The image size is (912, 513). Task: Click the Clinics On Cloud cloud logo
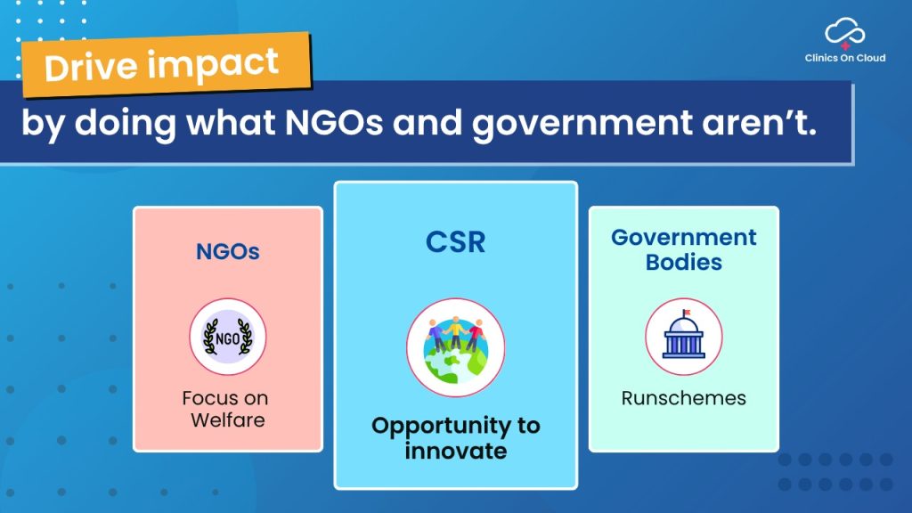point(844,33)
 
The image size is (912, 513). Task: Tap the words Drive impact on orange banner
point(162,65)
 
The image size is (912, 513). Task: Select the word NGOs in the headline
point(334,123)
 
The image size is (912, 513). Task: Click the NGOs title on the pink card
point(228,251)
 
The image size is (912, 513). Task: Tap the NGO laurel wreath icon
point(227,337)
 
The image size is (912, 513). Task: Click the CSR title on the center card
point(455,242)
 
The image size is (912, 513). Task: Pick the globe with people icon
point(455,348)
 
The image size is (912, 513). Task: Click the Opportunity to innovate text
point(456,438)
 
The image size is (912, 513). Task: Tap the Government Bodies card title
point(684,249)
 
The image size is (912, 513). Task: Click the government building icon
point(684,337)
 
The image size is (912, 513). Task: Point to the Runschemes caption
point(683,398)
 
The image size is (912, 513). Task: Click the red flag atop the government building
point(687,313)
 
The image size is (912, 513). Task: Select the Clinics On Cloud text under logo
point(845,58)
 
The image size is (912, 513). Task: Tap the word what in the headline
point(231,123)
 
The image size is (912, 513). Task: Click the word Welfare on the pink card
point(228,420)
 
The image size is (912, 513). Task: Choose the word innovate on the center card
point(456,451)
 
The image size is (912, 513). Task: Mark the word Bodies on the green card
point(684,263)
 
